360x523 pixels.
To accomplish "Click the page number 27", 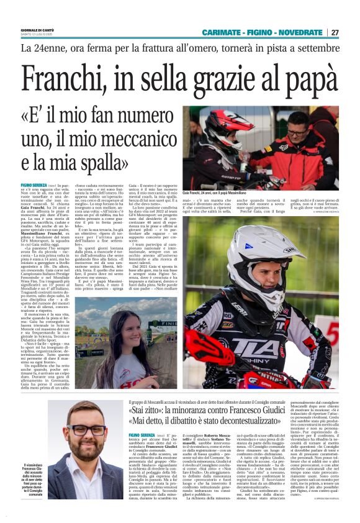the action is [x=335, y=32].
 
